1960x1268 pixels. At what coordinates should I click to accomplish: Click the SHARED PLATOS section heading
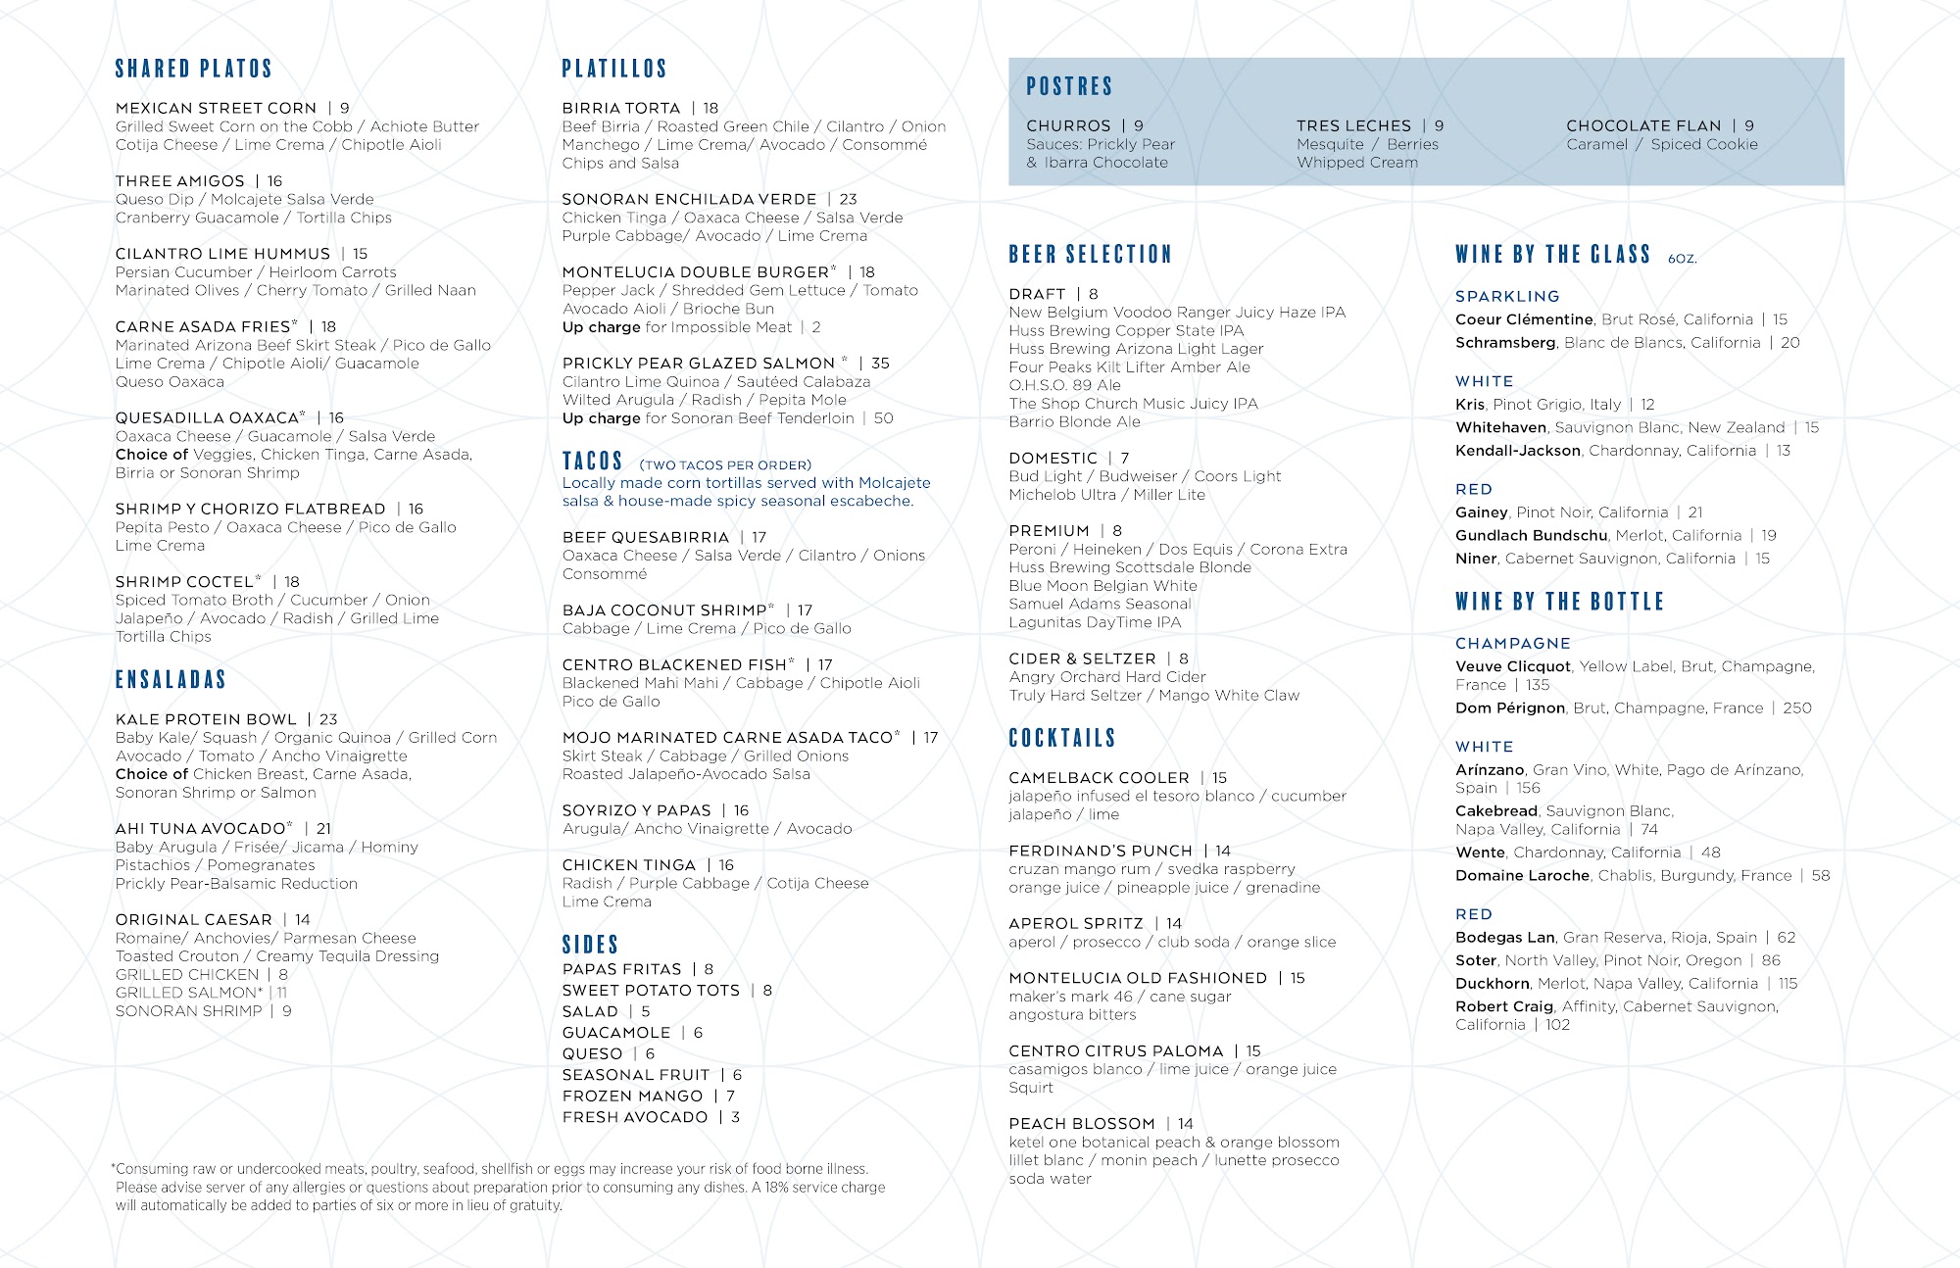click(193, 69)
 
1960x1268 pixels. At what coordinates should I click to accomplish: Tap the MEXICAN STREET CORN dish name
click(216, 108)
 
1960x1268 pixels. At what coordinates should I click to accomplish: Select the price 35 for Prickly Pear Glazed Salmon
click(880, 363)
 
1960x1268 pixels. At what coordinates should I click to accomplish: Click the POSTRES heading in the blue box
click(1069, 86)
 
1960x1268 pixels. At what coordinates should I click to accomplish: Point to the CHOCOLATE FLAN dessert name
click(1643, 125)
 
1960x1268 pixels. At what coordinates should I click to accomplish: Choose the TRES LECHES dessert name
click(1353, 125)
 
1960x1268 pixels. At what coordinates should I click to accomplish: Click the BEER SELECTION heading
click(1090, 255)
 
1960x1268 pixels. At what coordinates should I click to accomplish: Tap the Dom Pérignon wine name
click(1509, 707)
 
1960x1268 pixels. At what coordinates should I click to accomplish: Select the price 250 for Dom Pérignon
click(1797, 707)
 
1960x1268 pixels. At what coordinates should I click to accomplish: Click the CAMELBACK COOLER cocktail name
click(1099, 777)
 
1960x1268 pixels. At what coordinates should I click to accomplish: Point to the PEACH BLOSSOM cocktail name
click(1081, 1123)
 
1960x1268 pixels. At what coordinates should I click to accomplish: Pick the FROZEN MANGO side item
click(632, 1096)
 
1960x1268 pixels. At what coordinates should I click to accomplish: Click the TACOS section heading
click(592, 462)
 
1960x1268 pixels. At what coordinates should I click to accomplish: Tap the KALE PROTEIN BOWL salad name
click(206, 719)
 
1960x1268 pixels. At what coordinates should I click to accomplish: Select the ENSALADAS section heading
click(171, 679)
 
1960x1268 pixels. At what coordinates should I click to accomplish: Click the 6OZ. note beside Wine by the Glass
click(1682, 259)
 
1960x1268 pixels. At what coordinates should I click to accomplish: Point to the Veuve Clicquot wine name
click(1512, 666)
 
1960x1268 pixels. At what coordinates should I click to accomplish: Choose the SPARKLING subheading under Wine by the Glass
click(1507, 296)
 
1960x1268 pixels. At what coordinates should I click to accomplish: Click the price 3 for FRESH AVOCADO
click(735, 1117)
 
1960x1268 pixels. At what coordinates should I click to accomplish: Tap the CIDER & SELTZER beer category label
click(1082, 658)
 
